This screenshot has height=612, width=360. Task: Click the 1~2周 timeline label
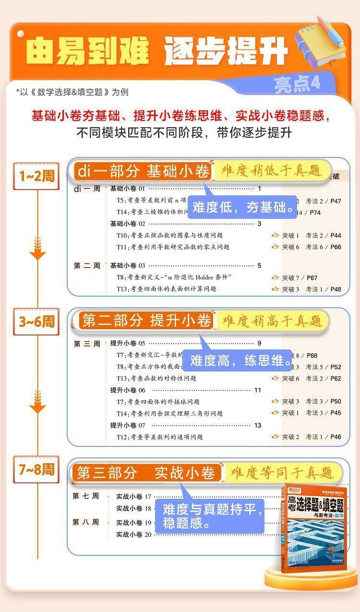click(36, 176)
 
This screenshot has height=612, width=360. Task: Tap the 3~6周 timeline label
click(36, 322)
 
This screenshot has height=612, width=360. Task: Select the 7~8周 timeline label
click(36, 469)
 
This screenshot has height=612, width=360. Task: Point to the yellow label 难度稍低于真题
click(271, 170)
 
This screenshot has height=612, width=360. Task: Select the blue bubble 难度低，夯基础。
click(243, 207)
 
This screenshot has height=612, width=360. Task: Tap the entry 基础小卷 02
click(128, 224)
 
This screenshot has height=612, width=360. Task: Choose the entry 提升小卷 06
click(128, 390)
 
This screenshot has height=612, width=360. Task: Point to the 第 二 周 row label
click(87, 266)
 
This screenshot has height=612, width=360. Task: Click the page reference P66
click(336, 247)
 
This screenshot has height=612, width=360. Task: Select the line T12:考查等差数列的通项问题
click(160, 437)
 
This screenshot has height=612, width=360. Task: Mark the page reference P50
click(336, 401)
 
